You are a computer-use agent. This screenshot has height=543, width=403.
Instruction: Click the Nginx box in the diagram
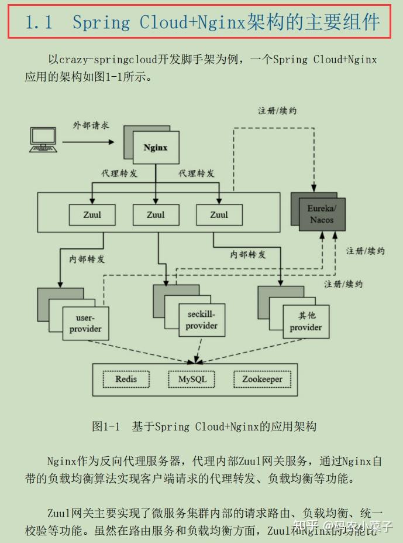coord(156,148)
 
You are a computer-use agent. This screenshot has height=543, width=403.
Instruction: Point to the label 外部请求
coord(91,125)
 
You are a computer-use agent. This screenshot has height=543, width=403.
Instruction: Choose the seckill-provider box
coord(202,320)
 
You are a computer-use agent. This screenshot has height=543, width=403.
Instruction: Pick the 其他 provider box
coord(306,322)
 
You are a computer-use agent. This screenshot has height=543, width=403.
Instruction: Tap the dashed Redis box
coord(126,379)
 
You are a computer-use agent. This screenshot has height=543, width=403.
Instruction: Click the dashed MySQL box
coord(192,379)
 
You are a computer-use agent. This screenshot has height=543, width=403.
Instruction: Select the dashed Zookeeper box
coord(262,379)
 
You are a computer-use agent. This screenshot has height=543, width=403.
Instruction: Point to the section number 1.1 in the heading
coord(39,22)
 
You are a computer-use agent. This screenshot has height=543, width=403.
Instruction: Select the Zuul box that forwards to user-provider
coord(92,215)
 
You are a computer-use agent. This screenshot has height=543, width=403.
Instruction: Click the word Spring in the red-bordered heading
coord(102,22)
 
